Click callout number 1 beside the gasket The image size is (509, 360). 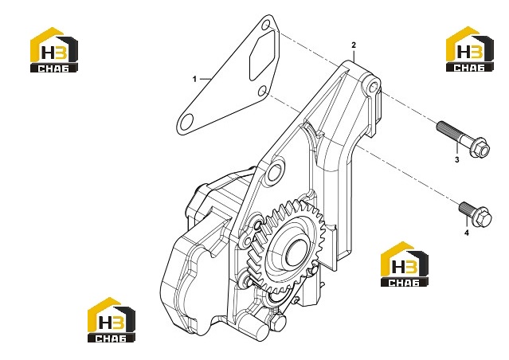(194, 79)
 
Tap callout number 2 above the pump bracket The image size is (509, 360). (354, 45)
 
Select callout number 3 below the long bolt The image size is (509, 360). (456, 159)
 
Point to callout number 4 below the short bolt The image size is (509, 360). (467, 233)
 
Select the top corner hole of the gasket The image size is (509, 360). (266, 24)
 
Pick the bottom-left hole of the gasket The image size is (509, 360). (186, 122)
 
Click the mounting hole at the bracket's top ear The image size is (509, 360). (374, 86)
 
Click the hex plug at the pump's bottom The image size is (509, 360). (276, 322)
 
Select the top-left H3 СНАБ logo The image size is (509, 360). (54, 49)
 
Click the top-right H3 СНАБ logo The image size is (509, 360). (470, 49)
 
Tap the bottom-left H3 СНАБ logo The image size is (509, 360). (112, 319)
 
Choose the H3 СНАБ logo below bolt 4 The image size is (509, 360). (405, 264)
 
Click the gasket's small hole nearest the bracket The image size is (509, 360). (263, 92)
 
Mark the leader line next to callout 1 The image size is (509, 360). (206, 79)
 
